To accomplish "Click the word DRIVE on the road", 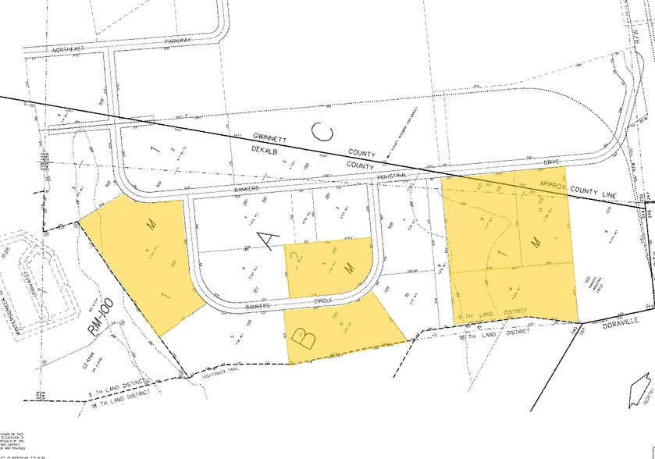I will (x=552, y=162).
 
